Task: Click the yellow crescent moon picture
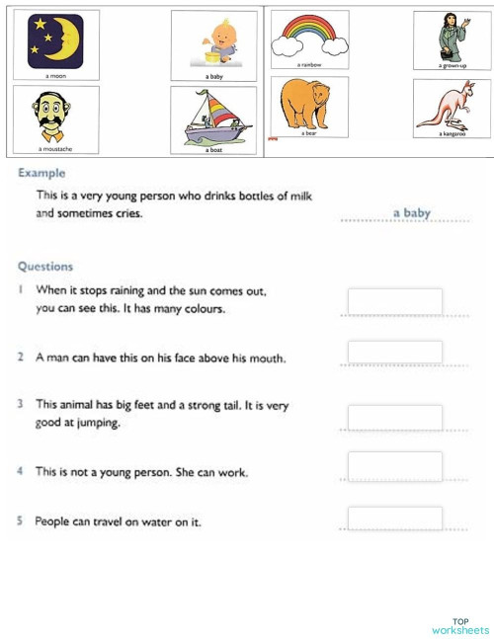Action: click(55, 40)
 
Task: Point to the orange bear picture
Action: click(305, 104)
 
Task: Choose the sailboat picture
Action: click(212, 118)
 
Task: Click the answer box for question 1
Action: click(394, 301)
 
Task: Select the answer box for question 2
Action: click(394, 353)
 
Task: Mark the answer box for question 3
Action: click(394, 417)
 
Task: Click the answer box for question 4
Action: click(394, 465)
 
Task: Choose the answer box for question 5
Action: click(394, 518)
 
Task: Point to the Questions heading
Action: click(45, 266)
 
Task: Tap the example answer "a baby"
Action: click(411, 212)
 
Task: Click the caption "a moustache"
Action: click(54, 149)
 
